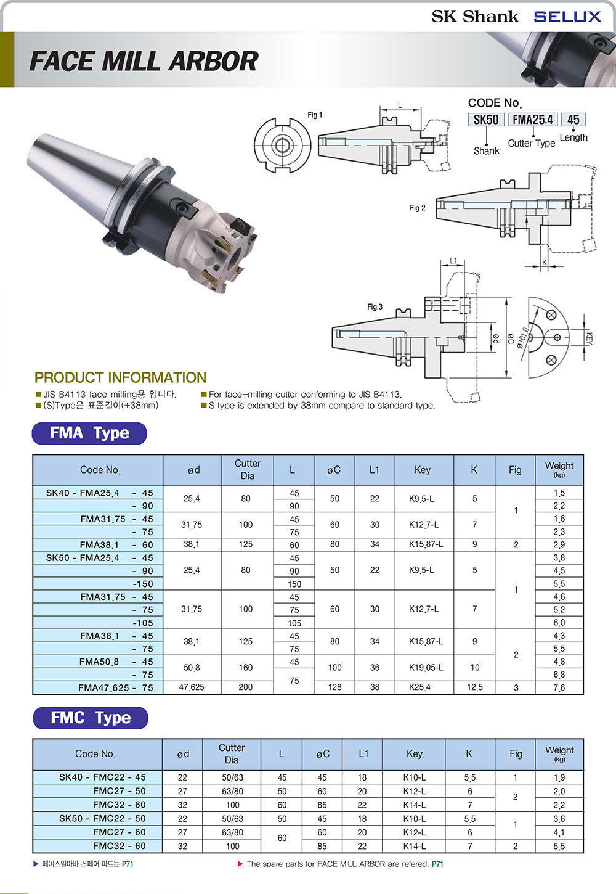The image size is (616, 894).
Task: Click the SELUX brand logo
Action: (x=567, y=17)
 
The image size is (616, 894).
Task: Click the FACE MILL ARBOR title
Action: (x=144, y=61)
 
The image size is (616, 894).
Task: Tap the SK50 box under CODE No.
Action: (x=486, y=120)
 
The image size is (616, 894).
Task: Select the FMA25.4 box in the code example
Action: (x=533, y=120)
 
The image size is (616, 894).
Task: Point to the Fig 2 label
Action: (x=418, y=208)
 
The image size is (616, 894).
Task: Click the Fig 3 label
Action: (x=375, y=306)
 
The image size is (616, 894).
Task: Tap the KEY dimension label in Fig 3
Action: (x=590, y=338)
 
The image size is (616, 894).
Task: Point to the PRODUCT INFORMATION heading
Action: (x=120, y=377)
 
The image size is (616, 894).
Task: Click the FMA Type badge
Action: (x=89, y=433)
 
